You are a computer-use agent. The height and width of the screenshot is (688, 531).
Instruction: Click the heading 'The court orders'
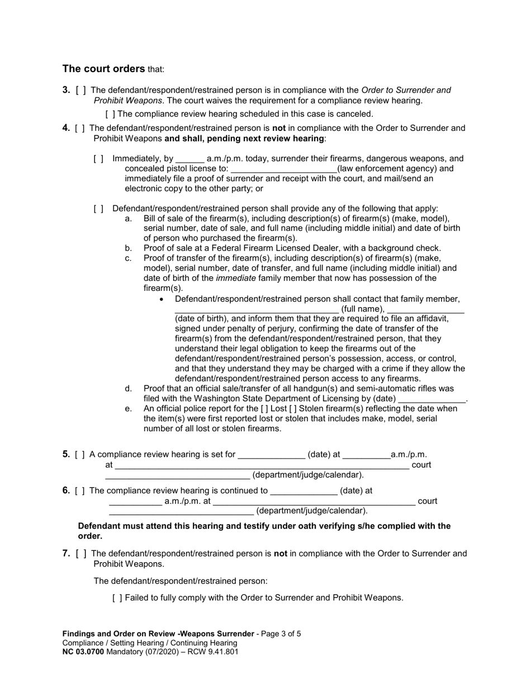103,69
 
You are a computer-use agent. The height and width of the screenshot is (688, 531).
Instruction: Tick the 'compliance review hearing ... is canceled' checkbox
110,114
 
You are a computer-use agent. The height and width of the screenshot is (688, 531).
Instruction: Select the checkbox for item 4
80,128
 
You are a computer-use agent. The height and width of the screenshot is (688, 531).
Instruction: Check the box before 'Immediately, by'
99,159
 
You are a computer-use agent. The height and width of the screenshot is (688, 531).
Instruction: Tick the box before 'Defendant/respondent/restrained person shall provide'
99,209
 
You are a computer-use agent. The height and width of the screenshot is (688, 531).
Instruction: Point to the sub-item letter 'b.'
129,248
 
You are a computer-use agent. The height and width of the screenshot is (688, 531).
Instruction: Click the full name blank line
257,309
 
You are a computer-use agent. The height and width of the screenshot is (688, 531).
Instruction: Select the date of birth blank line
425,309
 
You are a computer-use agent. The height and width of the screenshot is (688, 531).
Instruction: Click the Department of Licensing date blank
432,399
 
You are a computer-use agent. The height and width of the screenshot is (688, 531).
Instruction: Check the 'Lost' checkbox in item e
264,409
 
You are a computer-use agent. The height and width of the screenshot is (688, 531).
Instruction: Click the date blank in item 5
272,455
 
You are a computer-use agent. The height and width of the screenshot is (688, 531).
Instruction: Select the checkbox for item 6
80,491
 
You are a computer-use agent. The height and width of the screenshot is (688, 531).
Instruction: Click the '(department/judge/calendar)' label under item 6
312,511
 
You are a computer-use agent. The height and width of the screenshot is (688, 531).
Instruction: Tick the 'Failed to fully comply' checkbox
117,598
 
